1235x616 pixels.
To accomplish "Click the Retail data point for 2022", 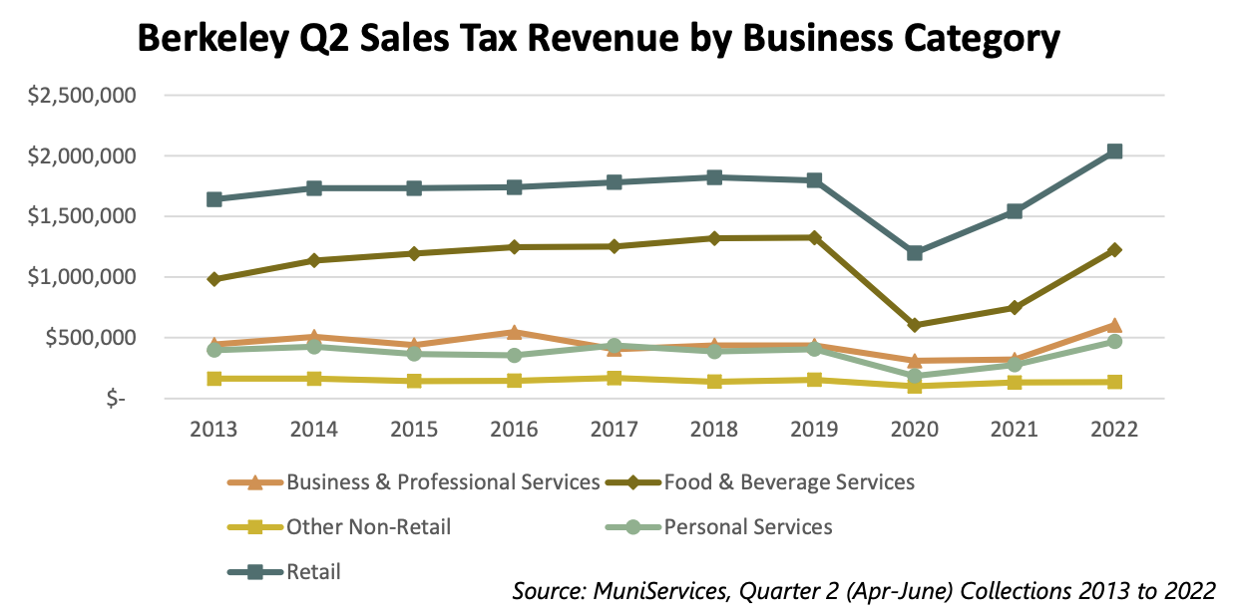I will pos(1114,152).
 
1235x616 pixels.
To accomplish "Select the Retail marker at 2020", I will pos(915,253).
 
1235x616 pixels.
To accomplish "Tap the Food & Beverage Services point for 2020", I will pos(915,325).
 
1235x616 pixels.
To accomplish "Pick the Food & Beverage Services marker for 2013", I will pos(213,279).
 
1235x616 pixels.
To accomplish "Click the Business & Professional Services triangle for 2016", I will pos(514,332).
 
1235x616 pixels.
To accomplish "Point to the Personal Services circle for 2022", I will pos(1114,341).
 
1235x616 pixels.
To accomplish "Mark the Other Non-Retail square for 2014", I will pos(314,379).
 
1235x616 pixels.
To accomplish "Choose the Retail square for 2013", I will pos(213,199).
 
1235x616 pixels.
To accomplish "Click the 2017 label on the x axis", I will pos(614,430).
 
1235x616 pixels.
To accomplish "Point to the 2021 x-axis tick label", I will pos(1015,430).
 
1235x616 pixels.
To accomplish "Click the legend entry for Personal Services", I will pos(748,526).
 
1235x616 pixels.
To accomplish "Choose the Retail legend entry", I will pos(313,572).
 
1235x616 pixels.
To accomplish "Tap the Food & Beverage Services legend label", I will pos(789,482).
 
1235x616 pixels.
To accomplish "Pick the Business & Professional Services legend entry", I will pos(443,482).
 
